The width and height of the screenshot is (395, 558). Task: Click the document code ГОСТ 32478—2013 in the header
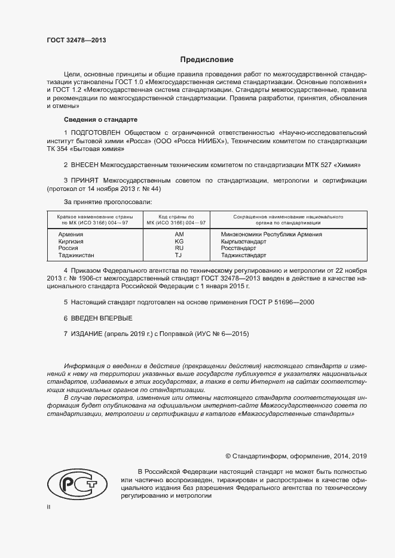tap(76, 41)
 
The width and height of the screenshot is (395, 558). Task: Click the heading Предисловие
tap(207, 60)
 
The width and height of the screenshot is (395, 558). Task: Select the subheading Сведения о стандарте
tap(101, 119)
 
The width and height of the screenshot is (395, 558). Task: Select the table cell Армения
tap(71, 235)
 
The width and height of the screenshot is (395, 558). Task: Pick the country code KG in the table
tap(179, 242)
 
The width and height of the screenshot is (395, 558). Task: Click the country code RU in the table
tap(179, 248)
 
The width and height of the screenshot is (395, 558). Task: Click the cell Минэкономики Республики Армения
tap(271, 235)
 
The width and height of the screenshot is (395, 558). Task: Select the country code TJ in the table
tap(178, 255)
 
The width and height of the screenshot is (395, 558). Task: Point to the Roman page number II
tap(48, 507)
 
